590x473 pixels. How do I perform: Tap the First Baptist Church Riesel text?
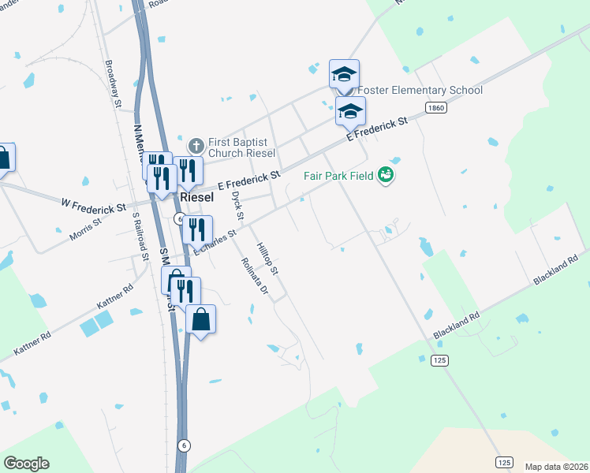[x=242, y=147]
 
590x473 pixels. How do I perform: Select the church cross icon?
[x=196, y=146]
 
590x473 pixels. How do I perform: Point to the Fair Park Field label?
[x=339, y=175]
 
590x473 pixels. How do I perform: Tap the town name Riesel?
[x=196, y=197]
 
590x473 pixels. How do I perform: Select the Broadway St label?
[x=113, y=84]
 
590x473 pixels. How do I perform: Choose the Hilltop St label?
[x=269, y=259]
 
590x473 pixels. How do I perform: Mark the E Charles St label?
[x=215, y=242]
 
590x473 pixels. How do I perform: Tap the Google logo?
[x=26, y=464]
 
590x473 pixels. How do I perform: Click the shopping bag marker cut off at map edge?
[x=4, y=158]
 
